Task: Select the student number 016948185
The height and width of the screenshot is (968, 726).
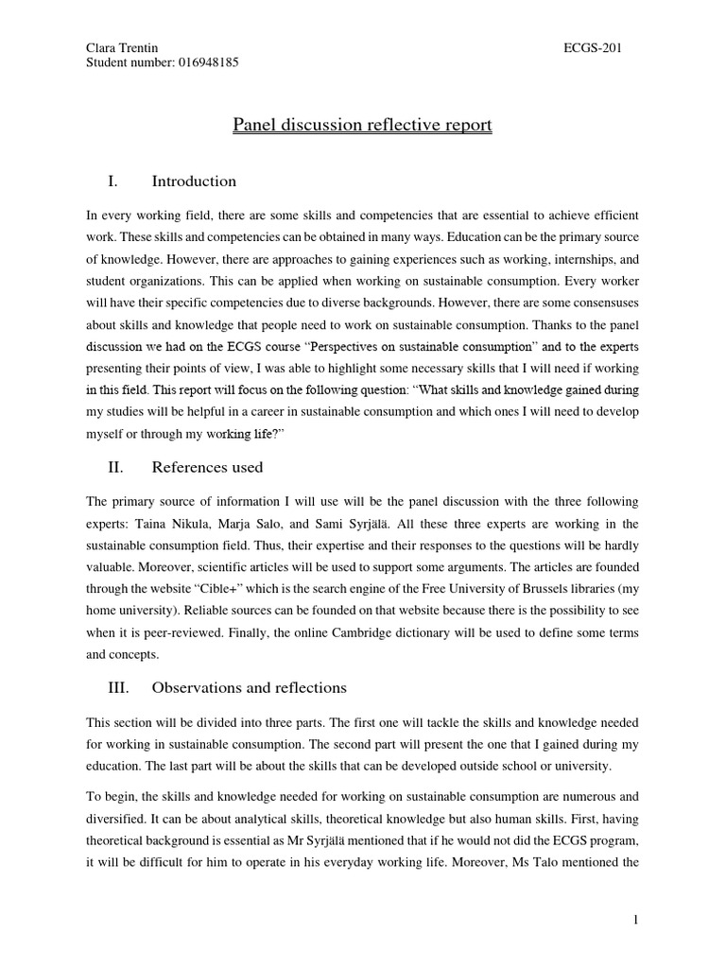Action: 205,63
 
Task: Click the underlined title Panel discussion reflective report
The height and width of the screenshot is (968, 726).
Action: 362,125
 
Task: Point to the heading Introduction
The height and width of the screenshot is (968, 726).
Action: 194,181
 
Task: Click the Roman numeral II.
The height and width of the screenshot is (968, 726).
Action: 120,467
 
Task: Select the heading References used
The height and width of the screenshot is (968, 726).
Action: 207,467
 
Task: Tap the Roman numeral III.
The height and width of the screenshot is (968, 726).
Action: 123,687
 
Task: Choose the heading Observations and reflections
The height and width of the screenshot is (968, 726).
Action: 249,687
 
